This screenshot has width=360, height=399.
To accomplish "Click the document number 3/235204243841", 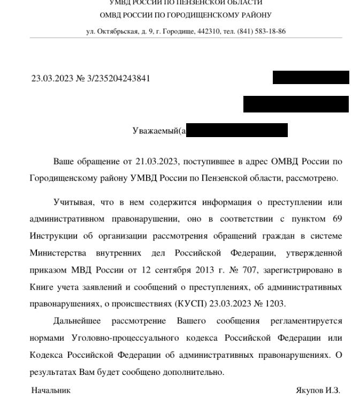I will coord(119,79).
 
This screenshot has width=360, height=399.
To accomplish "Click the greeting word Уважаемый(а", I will coord(159,131).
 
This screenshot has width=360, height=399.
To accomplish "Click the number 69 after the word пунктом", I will coord(336,219).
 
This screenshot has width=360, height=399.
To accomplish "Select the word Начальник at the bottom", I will coord(51,390).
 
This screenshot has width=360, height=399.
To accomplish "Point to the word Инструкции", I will coord(52,236).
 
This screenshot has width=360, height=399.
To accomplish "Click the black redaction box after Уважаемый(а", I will coord(237,130).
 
